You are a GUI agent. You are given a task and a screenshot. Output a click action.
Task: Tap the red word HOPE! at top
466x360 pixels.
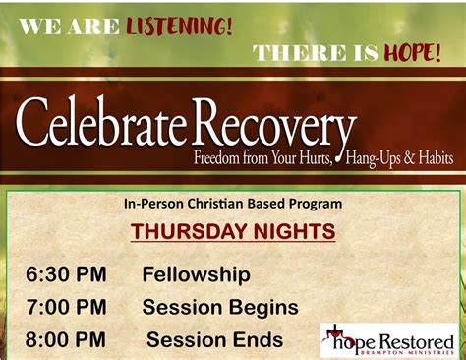[411, 53]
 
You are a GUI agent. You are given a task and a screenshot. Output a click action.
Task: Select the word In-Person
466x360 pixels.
[153, 205]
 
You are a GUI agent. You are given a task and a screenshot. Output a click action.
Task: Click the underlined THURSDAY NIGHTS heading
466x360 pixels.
[233, 233]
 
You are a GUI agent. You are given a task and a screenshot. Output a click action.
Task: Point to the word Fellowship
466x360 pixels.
[196, 274]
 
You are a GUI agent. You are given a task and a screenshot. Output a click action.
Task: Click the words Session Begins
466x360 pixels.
[220, 308]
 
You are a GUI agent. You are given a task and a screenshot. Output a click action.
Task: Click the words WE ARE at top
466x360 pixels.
[69, 27]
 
